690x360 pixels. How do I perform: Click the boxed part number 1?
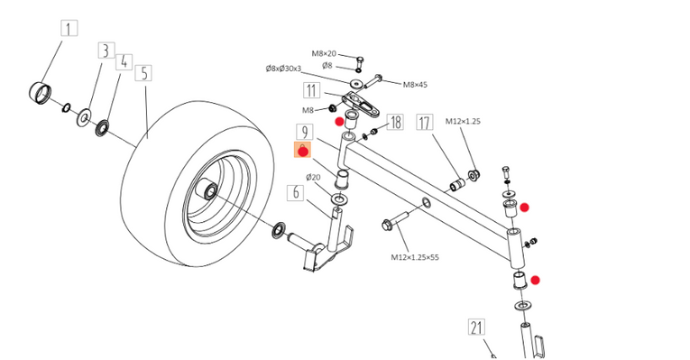(69, 29)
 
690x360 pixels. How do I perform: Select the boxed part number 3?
(106, 51)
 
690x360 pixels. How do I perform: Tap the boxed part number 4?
(124, 61)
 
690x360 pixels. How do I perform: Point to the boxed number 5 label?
(144, 73)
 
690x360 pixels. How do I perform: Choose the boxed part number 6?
(295, 193)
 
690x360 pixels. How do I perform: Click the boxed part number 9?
(305, 132)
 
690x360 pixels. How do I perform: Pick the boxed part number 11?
(311, 90)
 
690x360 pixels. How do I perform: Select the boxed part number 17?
(425, 123)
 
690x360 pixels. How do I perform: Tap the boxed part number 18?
(395, 122)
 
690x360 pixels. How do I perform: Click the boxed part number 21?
(476, 328)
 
